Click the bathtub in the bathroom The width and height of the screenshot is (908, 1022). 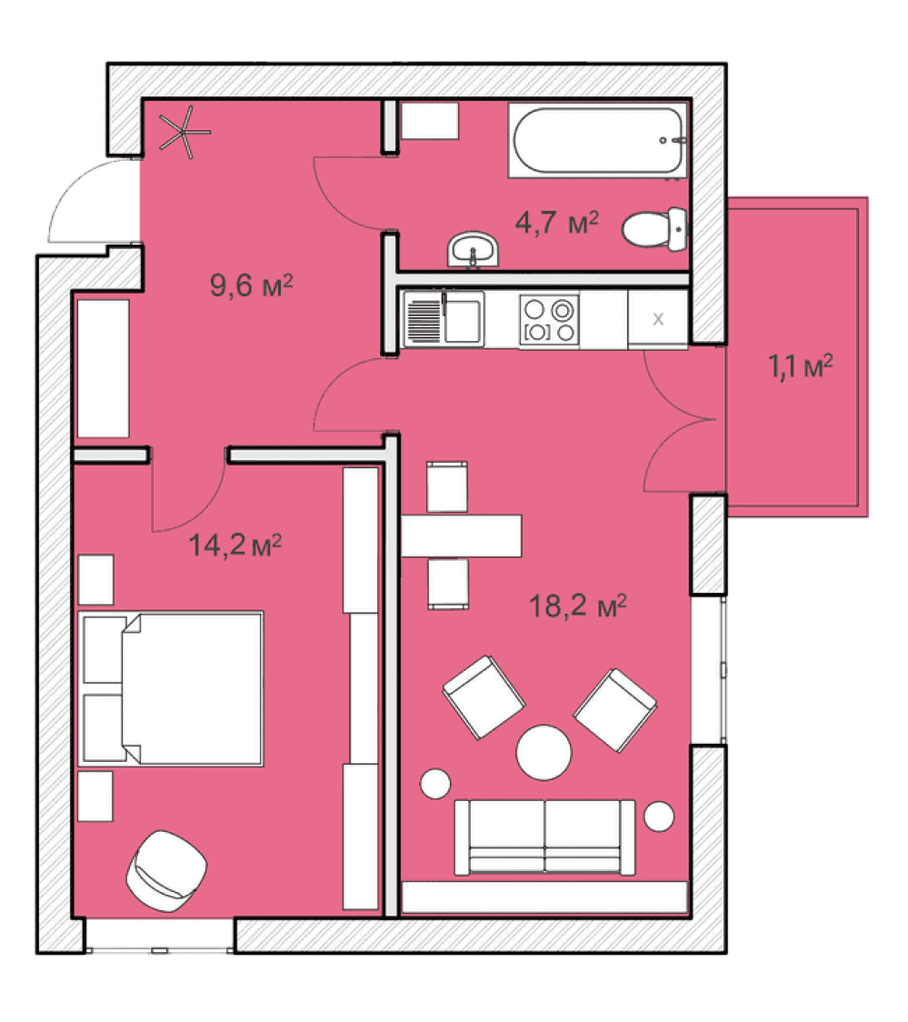click(x=597, y=140)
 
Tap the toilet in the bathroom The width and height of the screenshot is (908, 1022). click(x=654, y=229)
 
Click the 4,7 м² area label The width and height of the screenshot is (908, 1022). click(x=557, y=223)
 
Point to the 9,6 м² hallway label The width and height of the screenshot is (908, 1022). click(x=252, y=286)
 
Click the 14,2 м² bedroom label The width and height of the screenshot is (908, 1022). click(x=235, y=545)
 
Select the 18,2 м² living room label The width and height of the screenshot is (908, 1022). click(x=578, y=606)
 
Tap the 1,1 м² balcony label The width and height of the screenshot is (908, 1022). click(x=801, y=366)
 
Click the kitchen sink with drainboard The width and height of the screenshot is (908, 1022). click(x=444, y=319)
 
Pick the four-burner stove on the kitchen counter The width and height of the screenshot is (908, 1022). click(x=549, y=320)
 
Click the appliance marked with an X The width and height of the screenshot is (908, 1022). click(x=658, y=319)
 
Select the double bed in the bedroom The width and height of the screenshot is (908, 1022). click(x=171, y=688)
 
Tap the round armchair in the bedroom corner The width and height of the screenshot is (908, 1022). click(x=166, y=871)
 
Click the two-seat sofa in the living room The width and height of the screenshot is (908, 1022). click(x=544, y=837)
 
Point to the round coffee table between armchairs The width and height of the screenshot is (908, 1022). click(x=544, y=753)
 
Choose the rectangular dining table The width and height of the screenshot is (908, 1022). click(x=461, y=536)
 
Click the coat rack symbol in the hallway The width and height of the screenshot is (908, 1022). click(x=186, y=133)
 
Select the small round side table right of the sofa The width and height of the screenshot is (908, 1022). click(x=659, y=816)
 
